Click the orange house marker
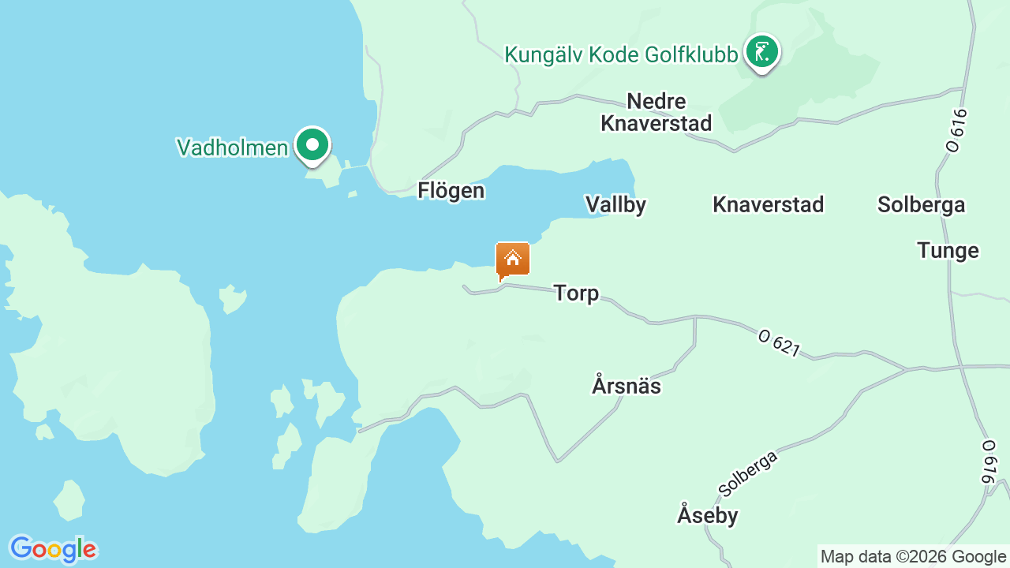[512, 260]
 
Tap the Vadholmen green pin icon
[312, 145]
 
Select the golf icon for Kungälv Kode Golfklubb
[761, 52]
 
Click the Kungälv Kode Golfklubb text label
[621, 54]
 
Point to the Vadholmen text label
[232, 148]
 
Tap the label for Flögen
[451, 191]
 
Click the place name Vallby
[615, 205]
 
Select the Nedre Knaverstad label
[656, 112]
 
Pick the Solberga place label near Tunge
[921, 205]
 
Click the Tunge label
[948, 251]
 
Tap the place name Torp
[576, 293]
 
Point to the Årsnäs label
[626, 387]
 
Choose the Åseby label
[707, 516]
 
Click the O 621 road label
[779, 342]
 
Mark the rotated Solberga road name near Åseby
[748, 473]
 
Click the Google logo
[53, 549]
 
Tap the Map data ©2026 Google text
[913, 557]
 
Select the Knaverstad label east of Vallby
[768, 205]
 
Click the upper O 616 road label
[956, 130]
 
